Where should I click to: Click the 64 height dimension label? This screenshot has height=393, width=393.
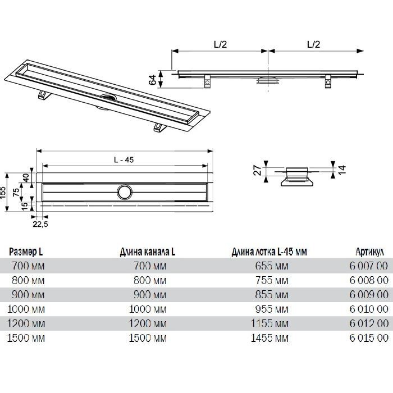[153, 80]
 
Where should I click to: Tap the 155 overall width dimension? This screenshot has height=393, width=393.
[3, 192]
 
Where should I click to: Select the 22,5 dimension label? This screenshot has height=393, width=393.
[40, 225]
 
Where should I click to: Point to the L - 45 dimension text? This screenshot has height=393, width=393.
[124, 159]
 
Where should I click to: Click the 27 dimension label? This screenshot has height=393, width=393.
[258, 170]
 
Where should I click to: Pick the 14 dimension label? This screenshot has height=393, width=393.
[342, 170]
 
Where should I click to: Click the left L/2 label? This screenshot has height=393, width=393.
[220, 44]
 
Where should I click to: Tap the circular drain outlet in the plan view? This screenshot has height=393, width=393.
[124, 192]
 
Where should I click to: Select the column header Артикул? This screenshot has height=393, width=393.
[369, 252]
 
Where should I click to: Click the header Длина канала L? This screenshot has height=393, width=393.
[147, 252]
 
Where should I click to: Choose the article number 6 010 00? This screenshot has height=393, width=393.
[369, 309]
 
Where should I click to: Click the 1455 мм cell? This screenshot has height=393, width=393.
[269, 338]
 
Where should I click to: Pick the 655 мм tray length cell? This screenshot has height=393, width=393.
[272, 266]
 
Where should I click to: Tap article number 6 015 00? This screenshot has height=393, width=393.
[369, 338]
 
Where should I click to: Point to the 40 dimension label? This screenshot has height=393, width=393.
[26, 177]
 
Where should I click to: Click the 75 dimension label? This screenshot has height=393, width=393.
[16, 192]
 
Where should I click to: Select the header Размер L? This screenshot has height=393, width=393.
[26, 252]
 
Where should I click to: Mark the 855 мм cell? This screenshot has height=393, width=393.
[272, 295]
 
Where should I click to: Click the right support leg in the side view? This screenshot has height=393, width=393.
[328, 82]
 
